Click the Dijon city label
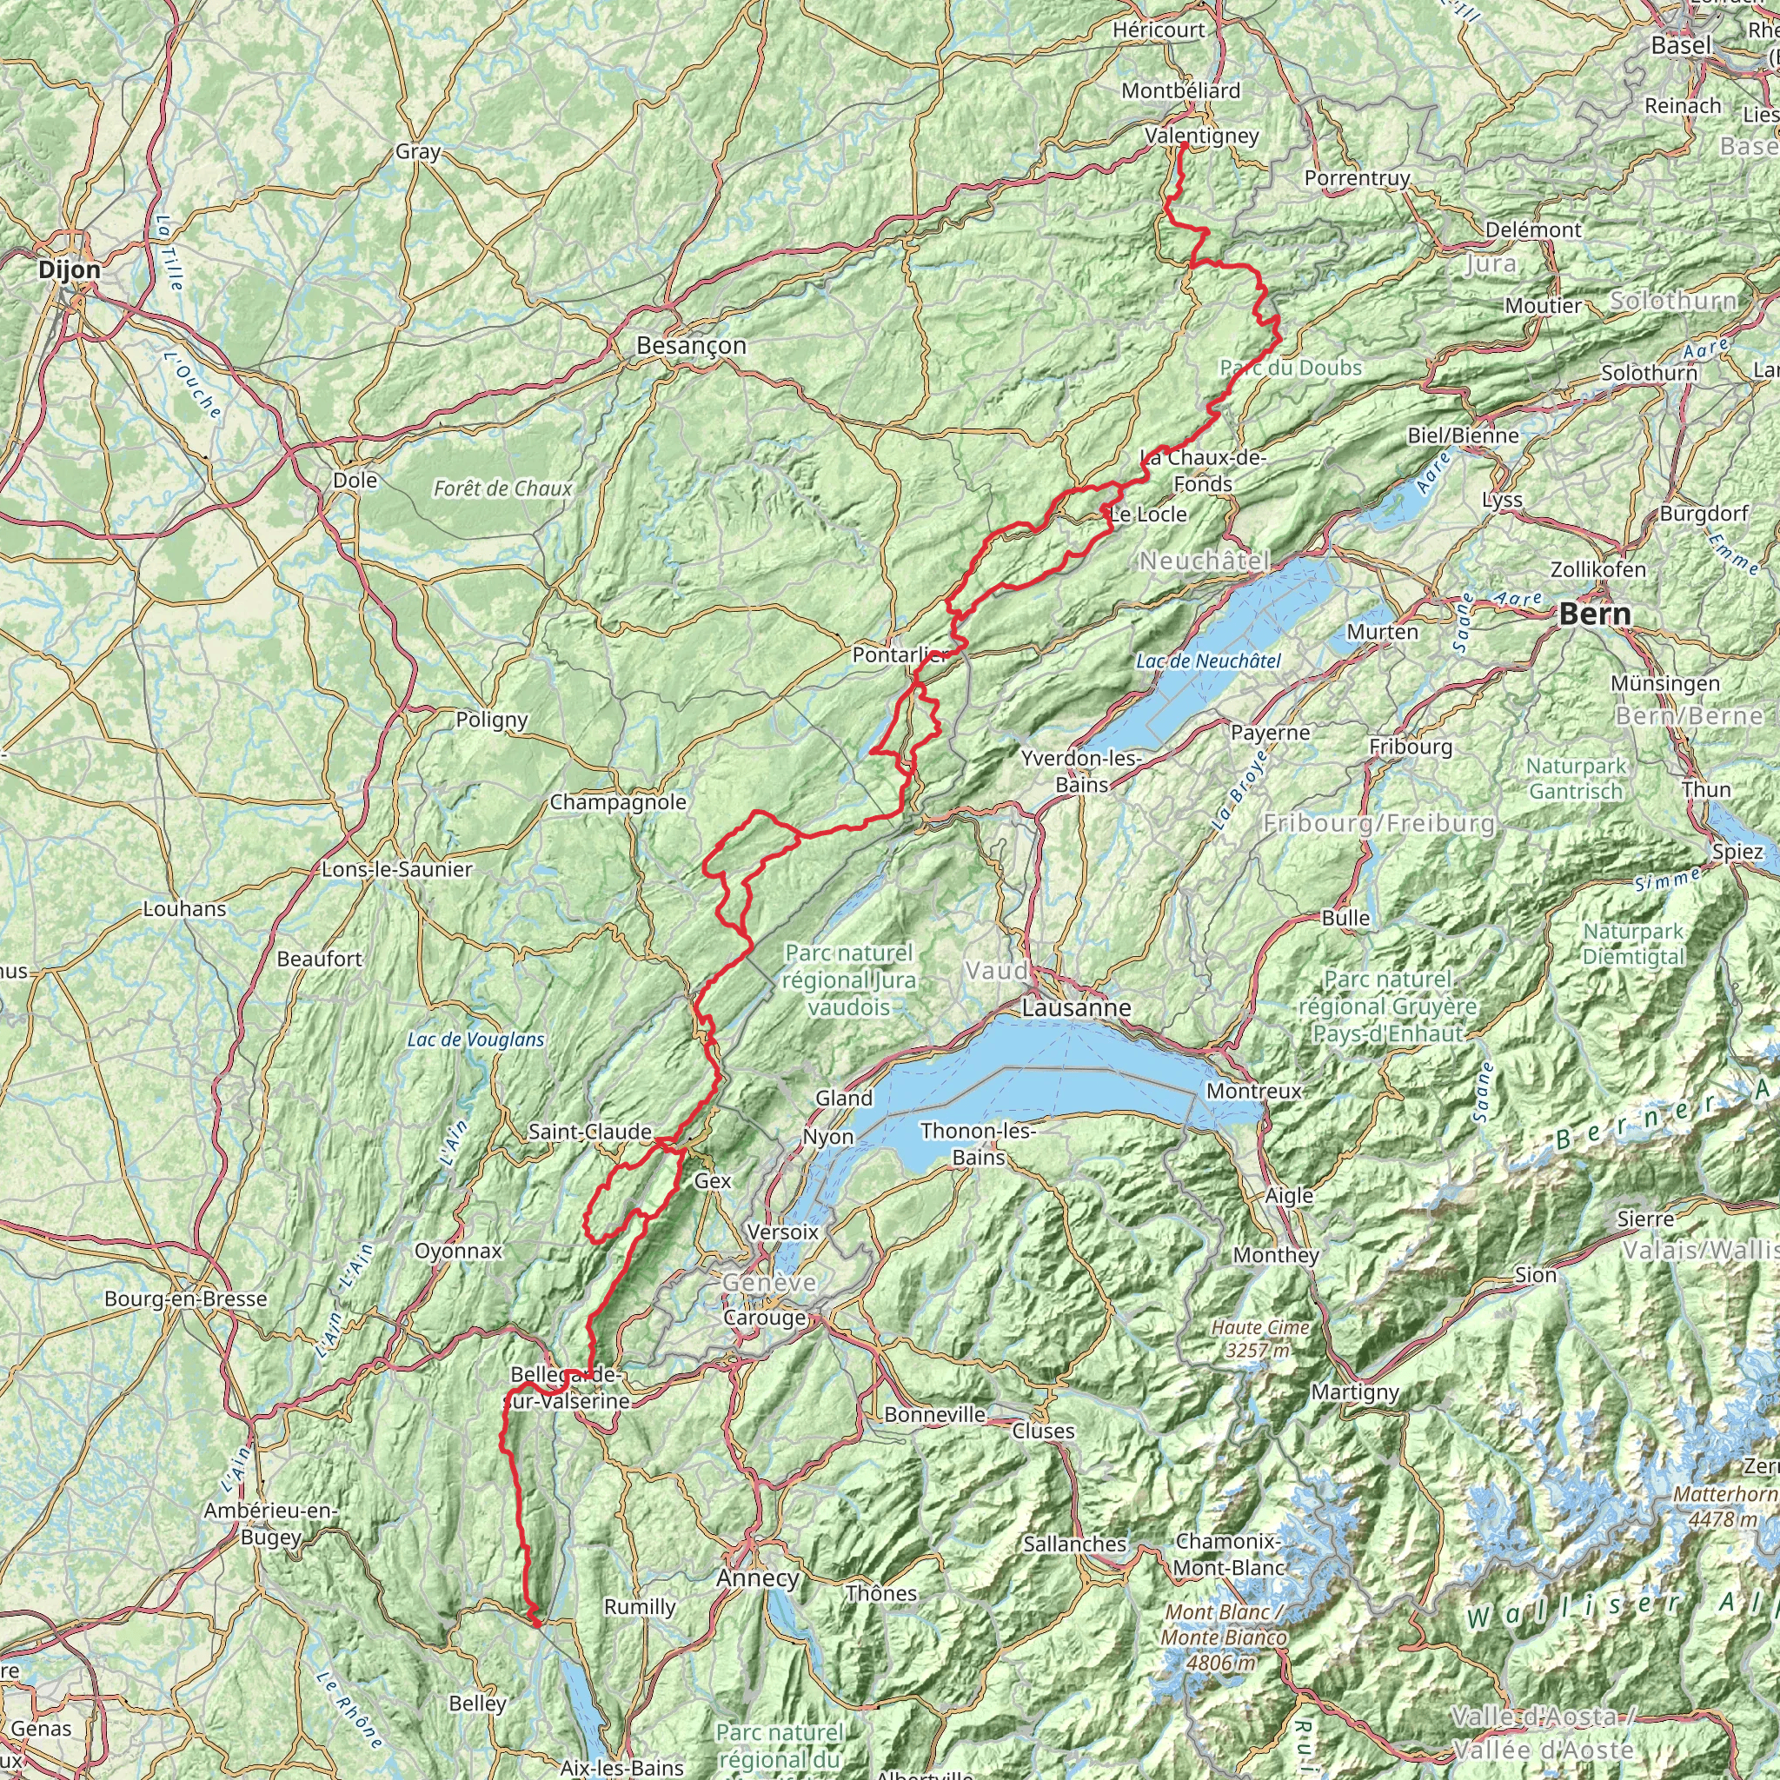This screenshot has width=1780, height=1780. [70, 270]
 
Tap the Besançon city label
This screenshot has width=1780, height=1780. [691, 346]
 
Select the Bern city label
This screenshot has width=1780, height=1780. [1594, 614]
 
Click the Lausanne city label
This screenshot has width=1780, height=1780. [1076, 1008]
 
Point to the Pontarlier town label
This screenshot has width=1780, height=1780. [900, 655]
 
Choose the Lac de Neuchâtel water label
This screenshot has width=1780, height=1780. [1208, 661]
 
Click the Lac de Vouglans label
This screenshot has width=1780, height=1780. [475, 1040]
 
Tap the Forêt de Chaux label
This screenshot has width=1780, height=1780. [503, 489]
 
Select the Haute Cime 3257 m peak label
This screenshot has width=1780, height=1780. [1260, 1338]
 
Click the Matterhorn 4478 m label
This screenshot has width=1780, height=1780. [1724, 1505]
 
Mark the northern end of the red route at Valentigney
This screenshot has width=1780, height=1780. [1182, 144]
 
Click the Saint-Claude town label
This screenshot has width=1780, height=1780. [589, 1132]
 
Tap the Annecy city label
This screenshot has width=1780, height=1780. [758, 1578]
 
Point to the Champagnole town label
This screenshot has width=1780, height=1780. [618, 802]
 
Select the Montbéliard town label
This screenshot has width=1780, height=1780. [1180, 91]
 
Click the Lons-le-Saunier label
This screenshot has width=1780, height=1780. [397, 869]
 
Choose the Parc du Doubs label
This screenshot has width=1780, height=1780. [1290, 369]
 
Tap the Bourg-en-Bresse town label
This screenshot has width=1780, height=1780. [185, 1299]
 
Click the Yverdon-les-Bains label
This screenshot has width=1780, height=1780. [1081, 771]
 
